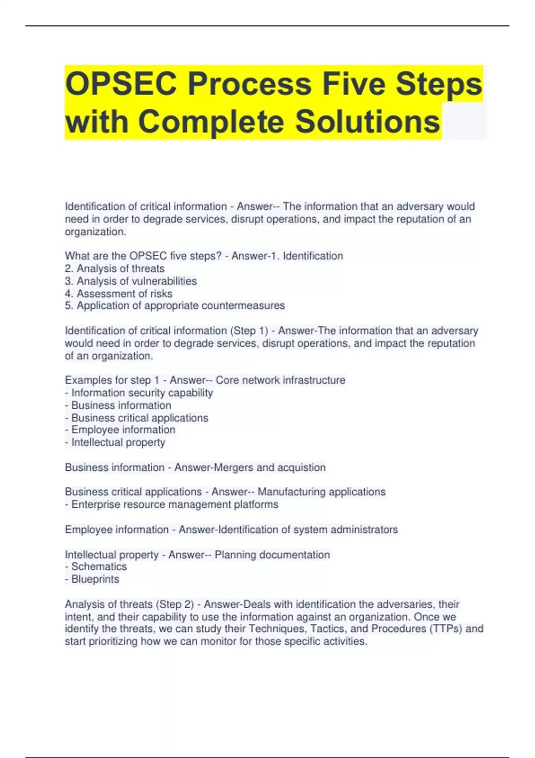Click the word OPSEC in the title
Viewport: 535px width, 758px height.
(121, 84)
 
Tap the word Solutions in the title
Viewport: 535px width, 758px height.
(367, 121)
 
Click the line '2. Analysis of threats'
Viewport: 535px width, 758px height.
(115, 268)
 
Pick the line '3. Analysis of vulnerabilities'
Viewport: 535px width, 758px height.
(131, 281)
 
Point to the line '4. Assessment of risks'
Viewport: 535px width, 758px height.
(119, 293)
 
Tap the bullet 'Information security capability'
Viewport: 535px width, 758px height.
(142, 393)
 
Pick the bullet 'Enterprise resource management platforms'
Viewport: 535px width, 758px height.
(174, 504)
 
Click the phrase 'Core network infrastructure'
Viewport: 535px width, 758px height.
(280, 380)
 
